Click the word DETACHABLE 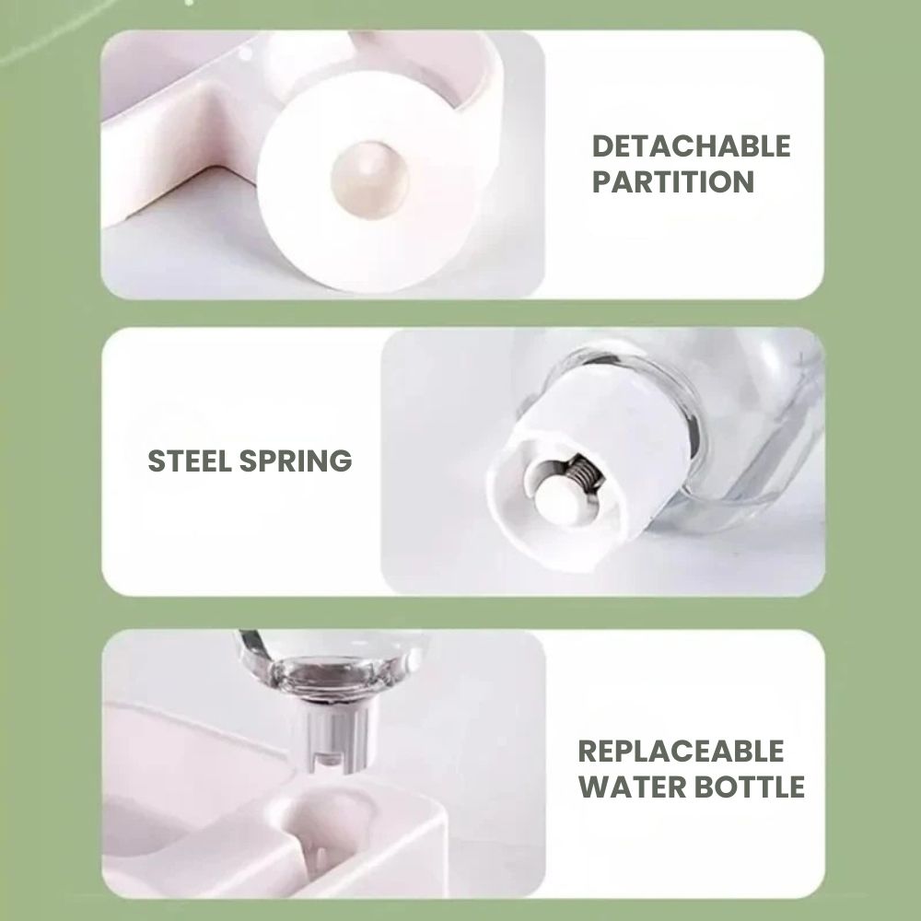tap(691, 146)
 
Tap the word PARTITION tap(672, 181)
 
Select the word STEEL tap(190, 460)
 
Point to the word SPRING tap(296, 460)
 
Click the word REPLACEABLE tap(681, 752)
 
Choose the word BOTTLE tap(749, 787)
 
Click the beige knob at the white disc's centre tap(369, 180)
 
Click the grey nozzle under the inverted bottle tap(337, 738)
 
